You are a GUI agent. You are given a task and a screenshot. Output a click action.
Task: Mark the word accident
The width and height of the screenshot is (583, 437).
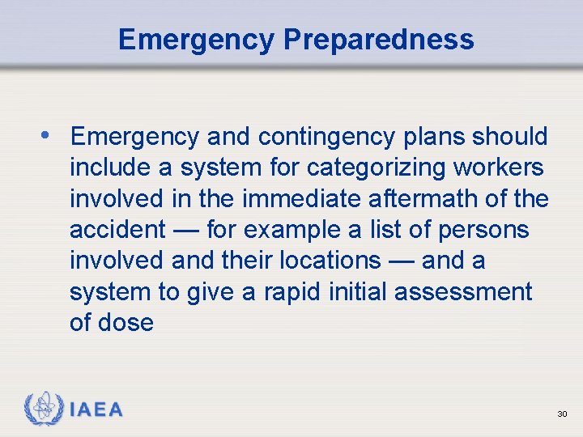117,230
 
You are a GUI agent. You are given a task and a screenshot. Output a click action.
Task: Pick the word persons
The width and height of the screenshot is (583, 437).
483,230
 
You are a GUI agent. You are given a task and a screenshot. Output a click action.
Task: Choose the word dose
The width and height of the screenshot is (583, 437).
126,322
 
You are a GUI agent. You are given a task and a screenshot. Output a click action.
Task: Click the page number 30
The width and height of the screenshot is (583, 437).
562,414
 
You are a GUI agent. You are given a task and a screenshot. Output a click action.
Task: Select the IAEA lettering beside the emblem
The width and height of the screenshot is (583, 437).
96,409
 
